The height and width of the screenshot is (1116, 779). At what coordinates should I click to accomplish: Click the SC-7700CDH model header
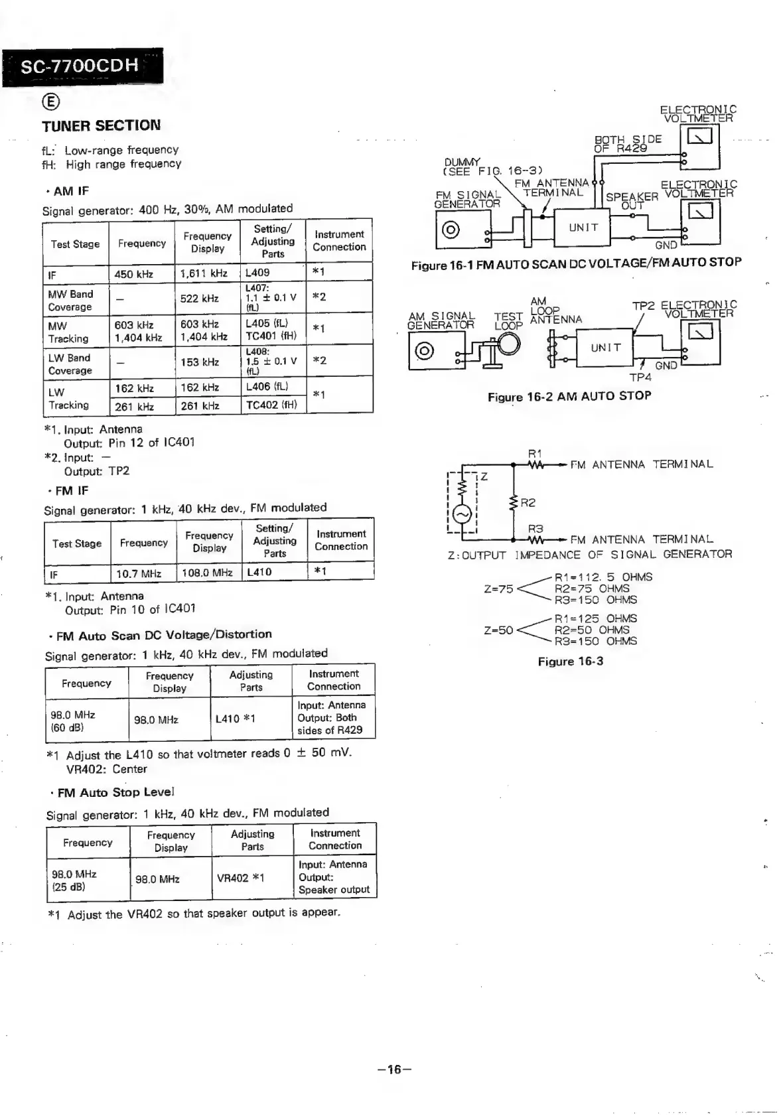pyautogui.click(x=81, y=66)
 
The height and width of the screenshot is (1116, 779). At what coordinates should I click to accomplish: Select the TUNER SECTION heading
pyautogui.click(x=101, y=125)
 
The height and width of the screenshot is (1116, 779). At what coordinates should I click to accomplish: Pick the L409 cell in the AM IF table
pyautogui.click(x=257, y=273)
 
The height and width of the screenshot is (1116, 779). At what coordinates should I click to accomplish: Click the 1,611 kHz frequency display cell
pyautogui.click(x=204, y=273)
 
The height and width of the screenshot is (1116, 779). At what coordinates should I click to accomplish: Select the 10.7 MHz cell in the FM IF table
pyautogui.click(x=139, y=573)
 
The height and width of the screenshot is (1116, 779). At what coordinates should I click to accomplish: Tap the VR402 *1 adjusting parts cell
pyautogui.click(x=240, y=878)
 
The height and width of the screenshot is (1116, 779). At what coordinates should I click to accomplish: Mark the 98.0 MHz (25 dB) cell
pyautogui.click(x=74, y=880)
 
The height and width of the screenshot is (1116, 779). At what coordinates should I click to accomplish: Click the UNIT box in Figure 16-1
pyautogui.click(x=583, y=228)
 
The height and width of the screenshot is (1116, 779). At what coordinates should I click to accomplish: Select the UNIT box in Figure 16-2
pyautogui.click(x=605, y=348)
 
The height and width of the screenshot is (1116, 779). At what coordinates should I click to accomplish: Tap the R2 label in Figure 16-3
pyautogui.click(x=528, y=503)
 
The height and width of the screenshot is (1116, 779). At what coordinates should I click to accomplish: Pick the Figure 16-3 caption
pyautogui.click(x=570, y=662)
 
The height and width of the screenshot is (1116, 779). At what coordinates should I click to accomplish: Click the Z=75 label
pyautogui.click(x=498, y=589)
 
